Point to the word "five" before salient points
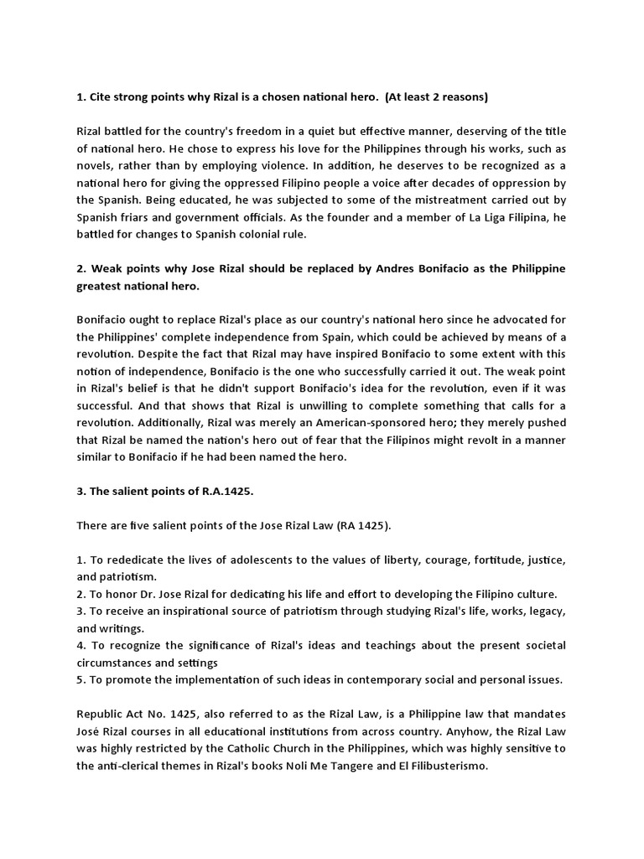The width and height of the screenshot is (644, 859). pos(139,526)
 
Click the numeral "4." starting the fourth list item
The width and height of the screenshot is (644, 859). pos(81,645)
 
